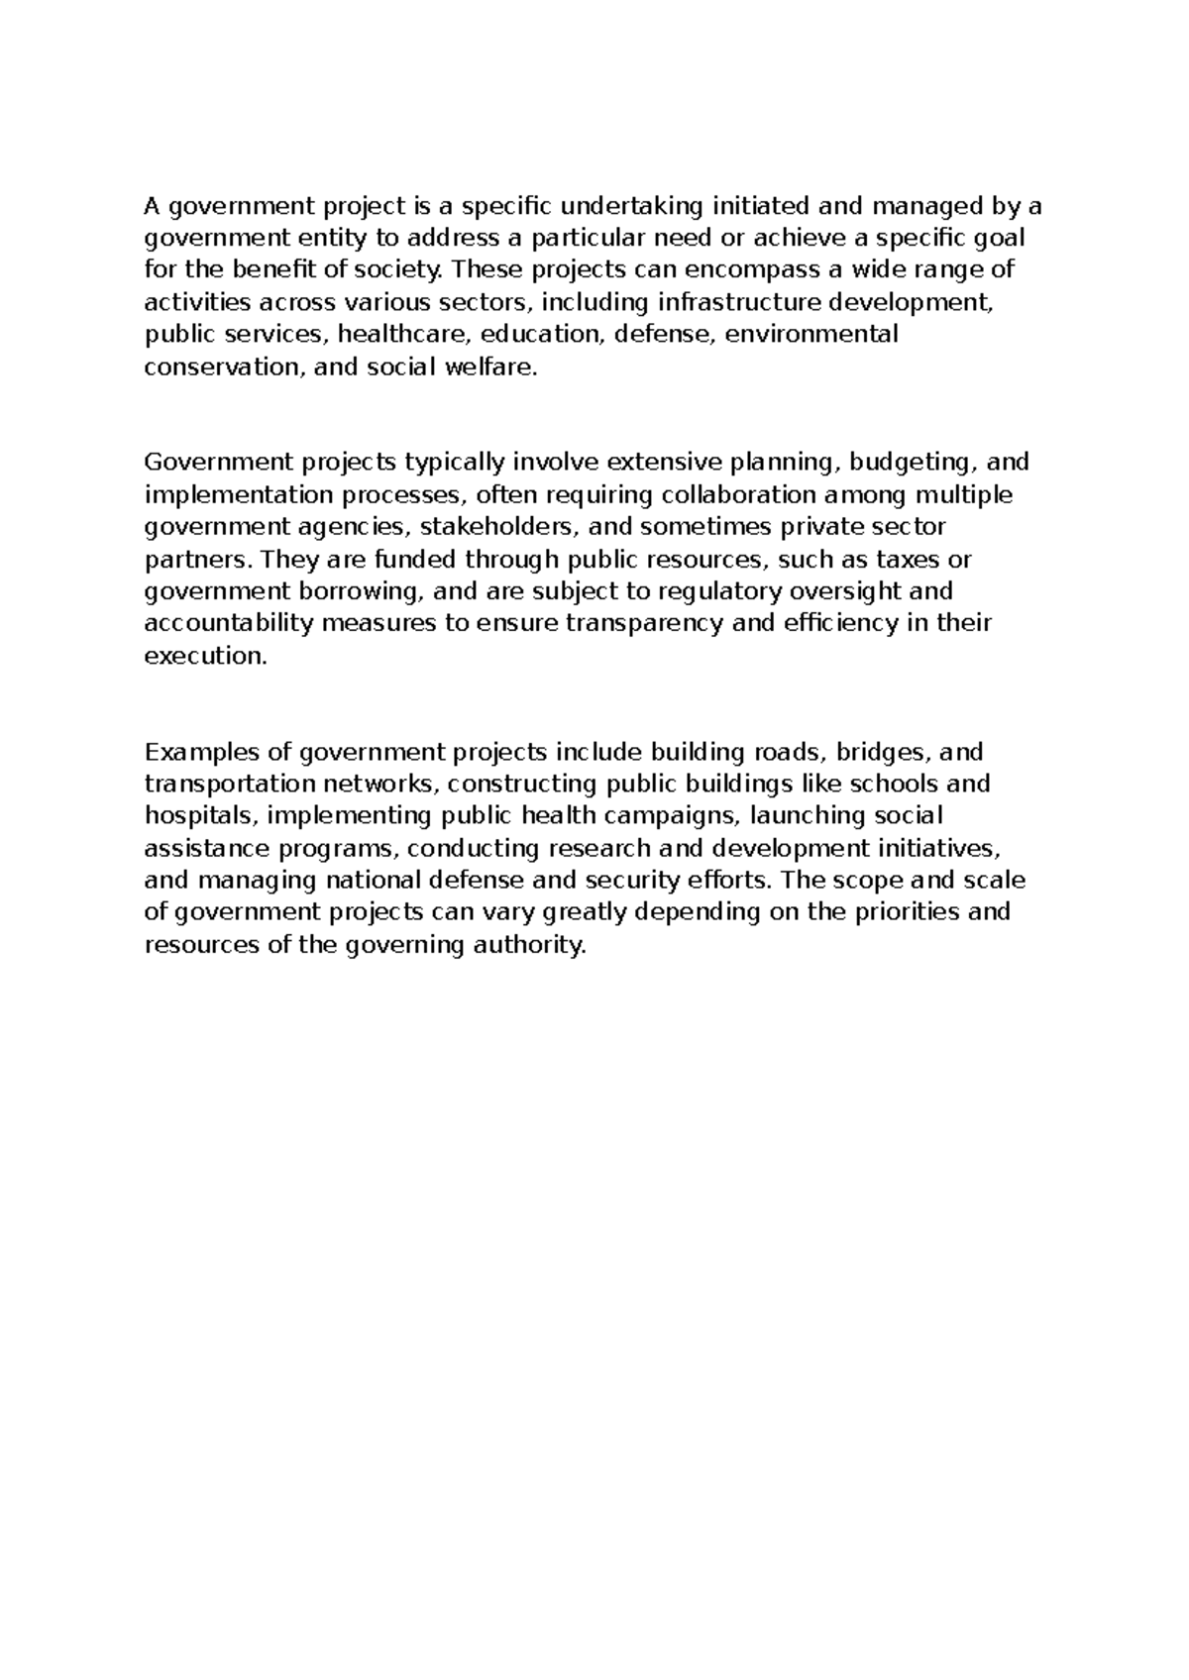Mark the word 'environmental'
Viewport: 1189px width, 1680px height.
coord(812,334)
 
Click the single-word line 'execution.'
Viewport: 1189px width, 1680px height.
coord(206,656)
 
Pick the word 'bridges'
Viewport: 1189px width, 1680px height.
coord(879,752)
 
